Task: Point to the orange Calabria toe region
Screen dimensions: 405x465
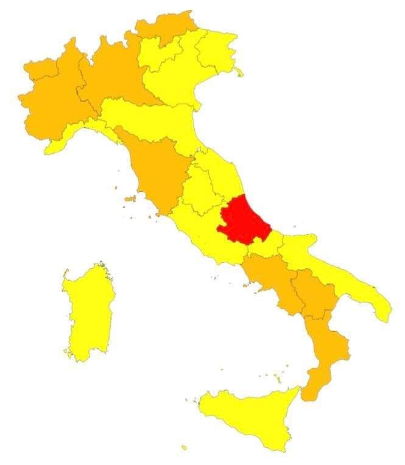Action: tap(326, 359)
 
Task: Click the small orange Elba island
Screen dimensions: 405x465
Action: tap(129, 198)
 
